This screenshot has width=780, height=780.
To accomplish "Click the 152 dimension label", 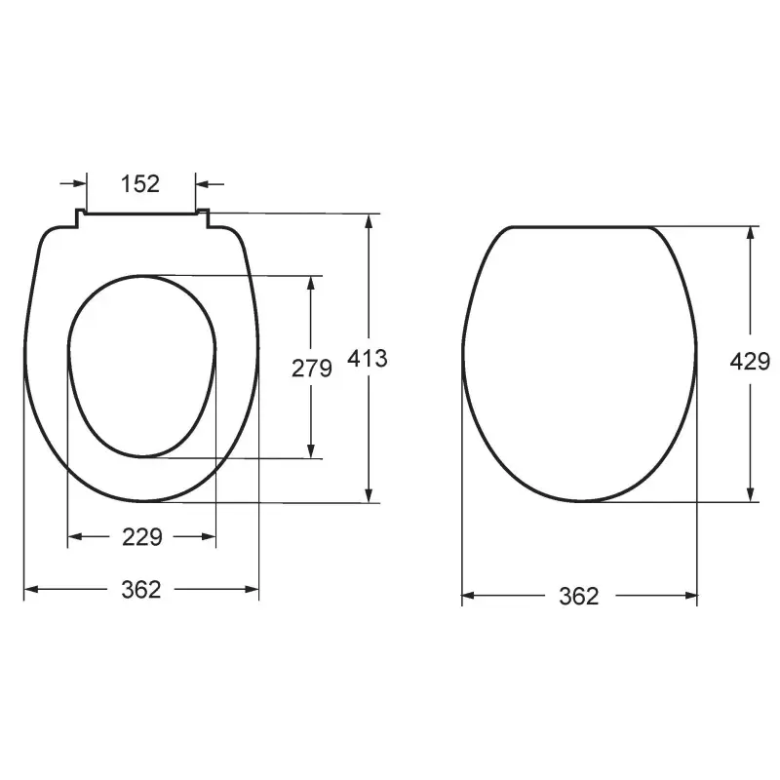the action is [140, 183].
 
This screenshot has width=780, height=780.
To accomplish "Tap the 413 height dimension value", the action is [368, 358].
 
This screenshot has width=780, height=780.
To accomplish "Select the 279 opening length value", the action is [312, 369].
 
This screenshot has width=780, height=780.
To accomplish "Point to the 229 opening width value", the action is [142, 537].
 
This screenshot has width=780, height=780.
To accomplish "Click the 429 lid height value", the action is [750, 361].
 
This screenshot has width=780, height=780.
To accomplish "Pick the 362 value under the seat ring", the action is [141, 590].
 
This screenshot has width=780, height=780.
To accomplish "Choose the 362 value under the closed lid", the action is [579, 596].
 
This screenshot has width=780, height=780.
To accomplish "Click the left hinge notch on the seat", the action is [79, 218].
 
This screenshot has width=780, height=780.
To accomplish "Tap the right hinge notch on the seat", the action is [203, 218].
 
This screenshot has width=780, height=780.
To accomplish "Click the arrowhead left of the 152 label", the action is [80, 183].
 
